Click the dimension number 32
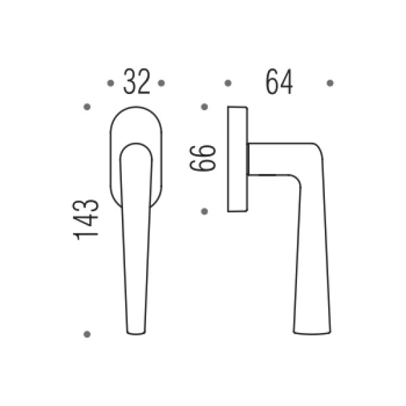(x=137, y=81)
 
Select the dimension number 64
(x=279, y=82)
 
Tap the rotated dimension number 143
(x=86, y=220)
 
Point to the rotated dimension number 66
(x=203, y=158)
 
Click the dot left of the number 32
(x=110, y=83)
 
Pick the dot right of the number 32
(x=161, y=83)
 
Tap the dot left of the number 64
(x=228, y=83)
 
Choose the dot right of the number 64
(x=330, y=83)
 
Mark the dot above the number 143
(x=87, y=107)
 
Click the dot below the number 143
(x=87, y=334)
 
